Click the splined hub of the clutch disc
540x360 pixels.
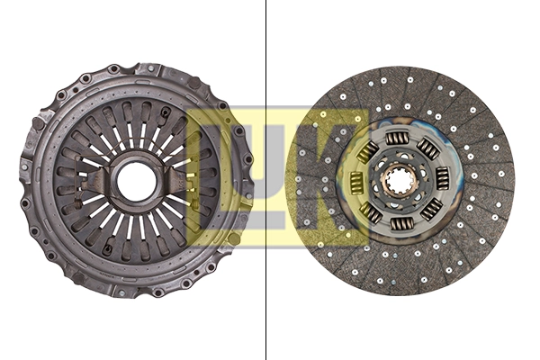[400, 180]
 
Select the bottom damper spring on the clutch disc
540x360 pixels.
[401, 222]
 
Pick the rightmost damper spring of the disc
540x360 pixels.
[443, 177]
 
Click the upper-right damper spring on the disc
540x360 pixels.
[428, 148]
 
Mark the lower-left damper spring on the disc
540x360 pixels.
[370, 212]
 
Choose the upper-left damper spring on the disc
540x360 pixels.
[367, 151]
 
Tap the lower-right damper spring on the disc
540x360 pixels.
[432, 209]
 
